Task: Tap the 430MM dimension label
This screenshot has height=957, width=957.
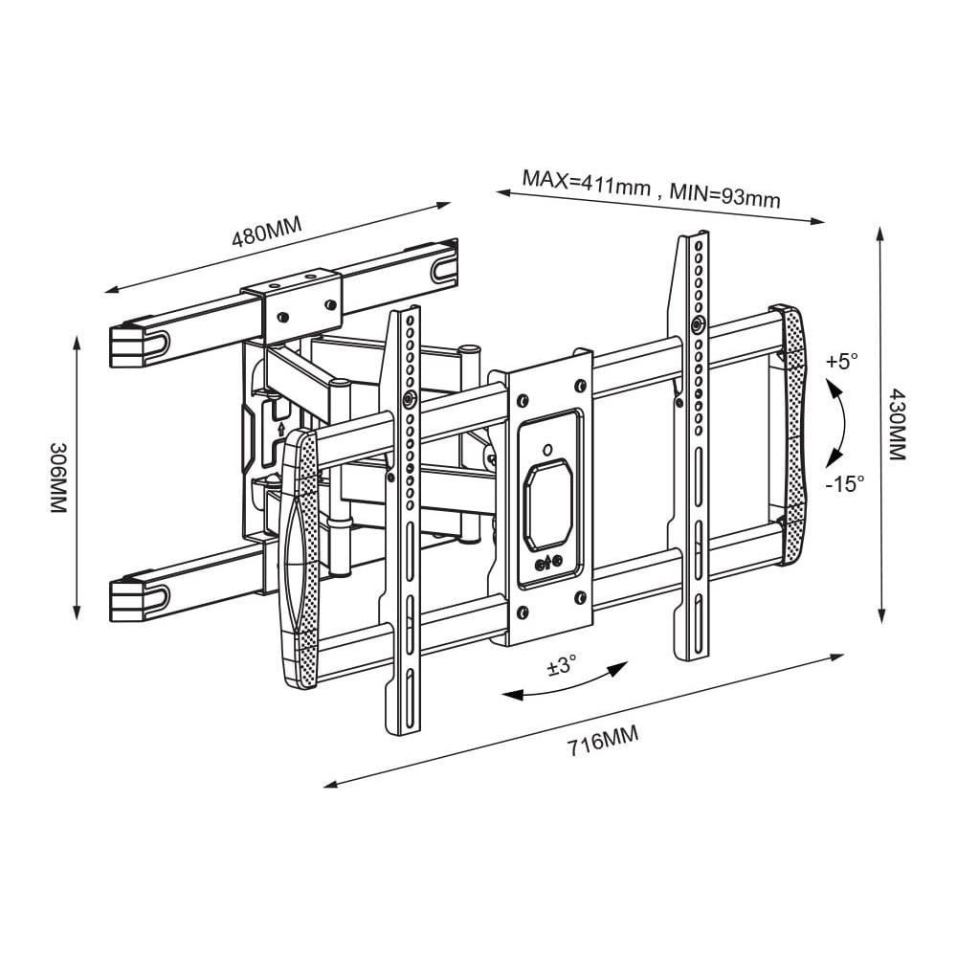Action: (897, 424)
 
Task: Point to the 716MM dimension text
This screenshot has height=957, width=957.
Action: (603, 741)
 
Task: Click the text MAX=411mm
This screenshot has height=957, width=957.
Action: (586, 182)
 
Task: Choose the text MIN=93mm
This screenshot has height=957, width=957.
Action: (725, 195)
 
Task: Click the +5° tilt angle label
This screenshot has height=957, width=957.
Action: (842, 362)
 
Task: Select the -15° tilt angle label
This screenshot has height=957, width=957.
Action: (846, 484)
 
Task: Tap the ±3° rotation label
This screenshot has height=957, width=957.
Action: (562, 665)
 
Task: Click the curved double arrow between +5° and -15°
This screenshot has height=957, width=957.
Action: (842, 423)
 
